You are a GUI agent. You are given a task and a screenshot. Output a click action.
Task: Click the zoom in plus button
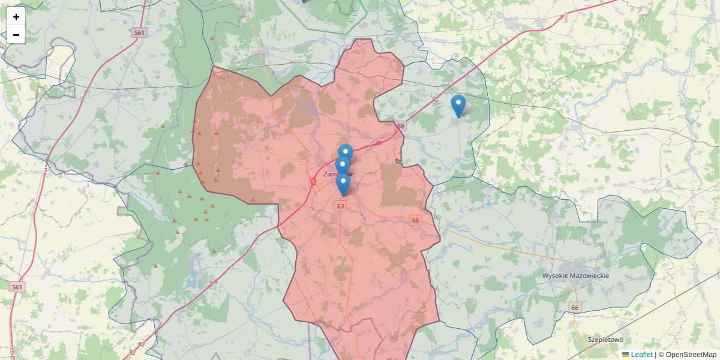tap(16, 17)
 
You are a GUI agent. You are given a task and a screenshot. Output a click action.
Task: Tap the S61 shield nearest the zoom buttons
tap(140, 33)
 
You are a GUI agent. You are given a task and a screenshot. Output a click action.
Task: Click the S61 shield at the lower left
tap(17, 287)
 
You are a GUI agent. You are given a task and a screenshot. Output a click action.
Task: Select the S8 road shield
tap(401, 127)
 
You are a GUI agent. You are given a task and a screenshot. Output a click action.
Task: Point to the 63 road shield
tap(341, 206)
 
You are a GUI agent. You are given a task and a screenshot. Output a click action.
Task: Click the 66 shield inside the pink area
tap(415, 221)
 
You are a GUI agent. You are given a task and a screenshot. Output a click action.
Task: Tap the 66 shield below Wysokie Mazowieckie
tap(575, 308)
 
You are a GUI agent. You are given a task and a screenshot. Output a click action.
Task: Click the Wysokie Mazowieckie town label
tap(575, 275)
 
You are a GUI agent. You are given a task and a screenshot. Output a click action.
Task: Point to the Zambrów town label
tap(338, 174)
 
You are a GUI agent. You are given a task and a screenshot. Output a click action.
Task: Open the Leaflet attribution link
tap(641, 355)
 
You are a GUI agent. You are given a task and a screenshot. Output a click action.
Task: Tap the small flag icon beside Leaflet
tap(626, 355)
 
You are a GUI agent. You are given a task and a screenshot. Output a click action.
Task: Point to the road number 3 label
tap(45, 171)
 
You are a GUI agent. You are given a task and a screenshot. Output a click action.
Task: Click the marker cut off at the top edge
tap(304, 1)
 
